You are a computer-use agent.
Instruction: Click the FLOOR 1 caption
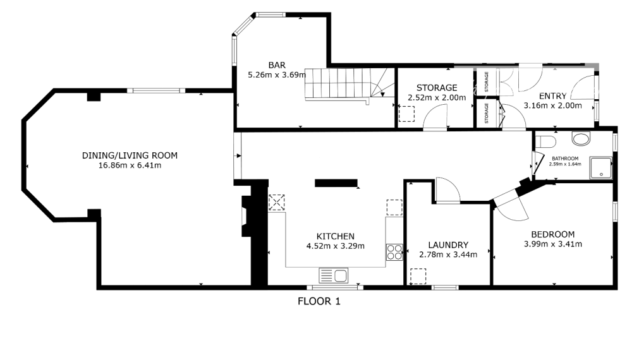(x=319, y=302)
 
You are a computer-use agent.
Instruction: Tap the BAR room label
(x=276, y=65)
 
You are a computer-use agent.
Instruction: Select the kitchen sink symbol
(x=333, y=275)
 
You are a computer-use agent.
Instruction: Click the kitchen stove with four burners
(x=394, y=252)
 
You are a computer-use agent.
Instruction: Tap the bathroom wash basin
(x=580, y=138)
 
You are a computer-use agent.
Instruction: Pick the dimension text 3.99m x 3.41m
(x=552, y=244)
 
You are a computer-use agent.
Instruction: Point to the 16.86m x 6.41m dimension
(x=130, y=166)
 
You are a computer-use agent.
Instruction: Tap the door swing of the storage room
(x=435, y=118)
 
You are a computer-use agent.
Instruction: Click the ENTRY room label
(x=552, y=96)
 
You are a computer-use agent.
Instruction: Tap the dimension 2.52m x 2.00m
(x=436, y=98)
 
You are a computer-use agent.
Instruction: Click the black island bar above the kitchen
(x=336, y=183)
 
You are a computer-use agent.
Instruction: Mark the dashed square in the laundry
(x=418, y=276)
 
